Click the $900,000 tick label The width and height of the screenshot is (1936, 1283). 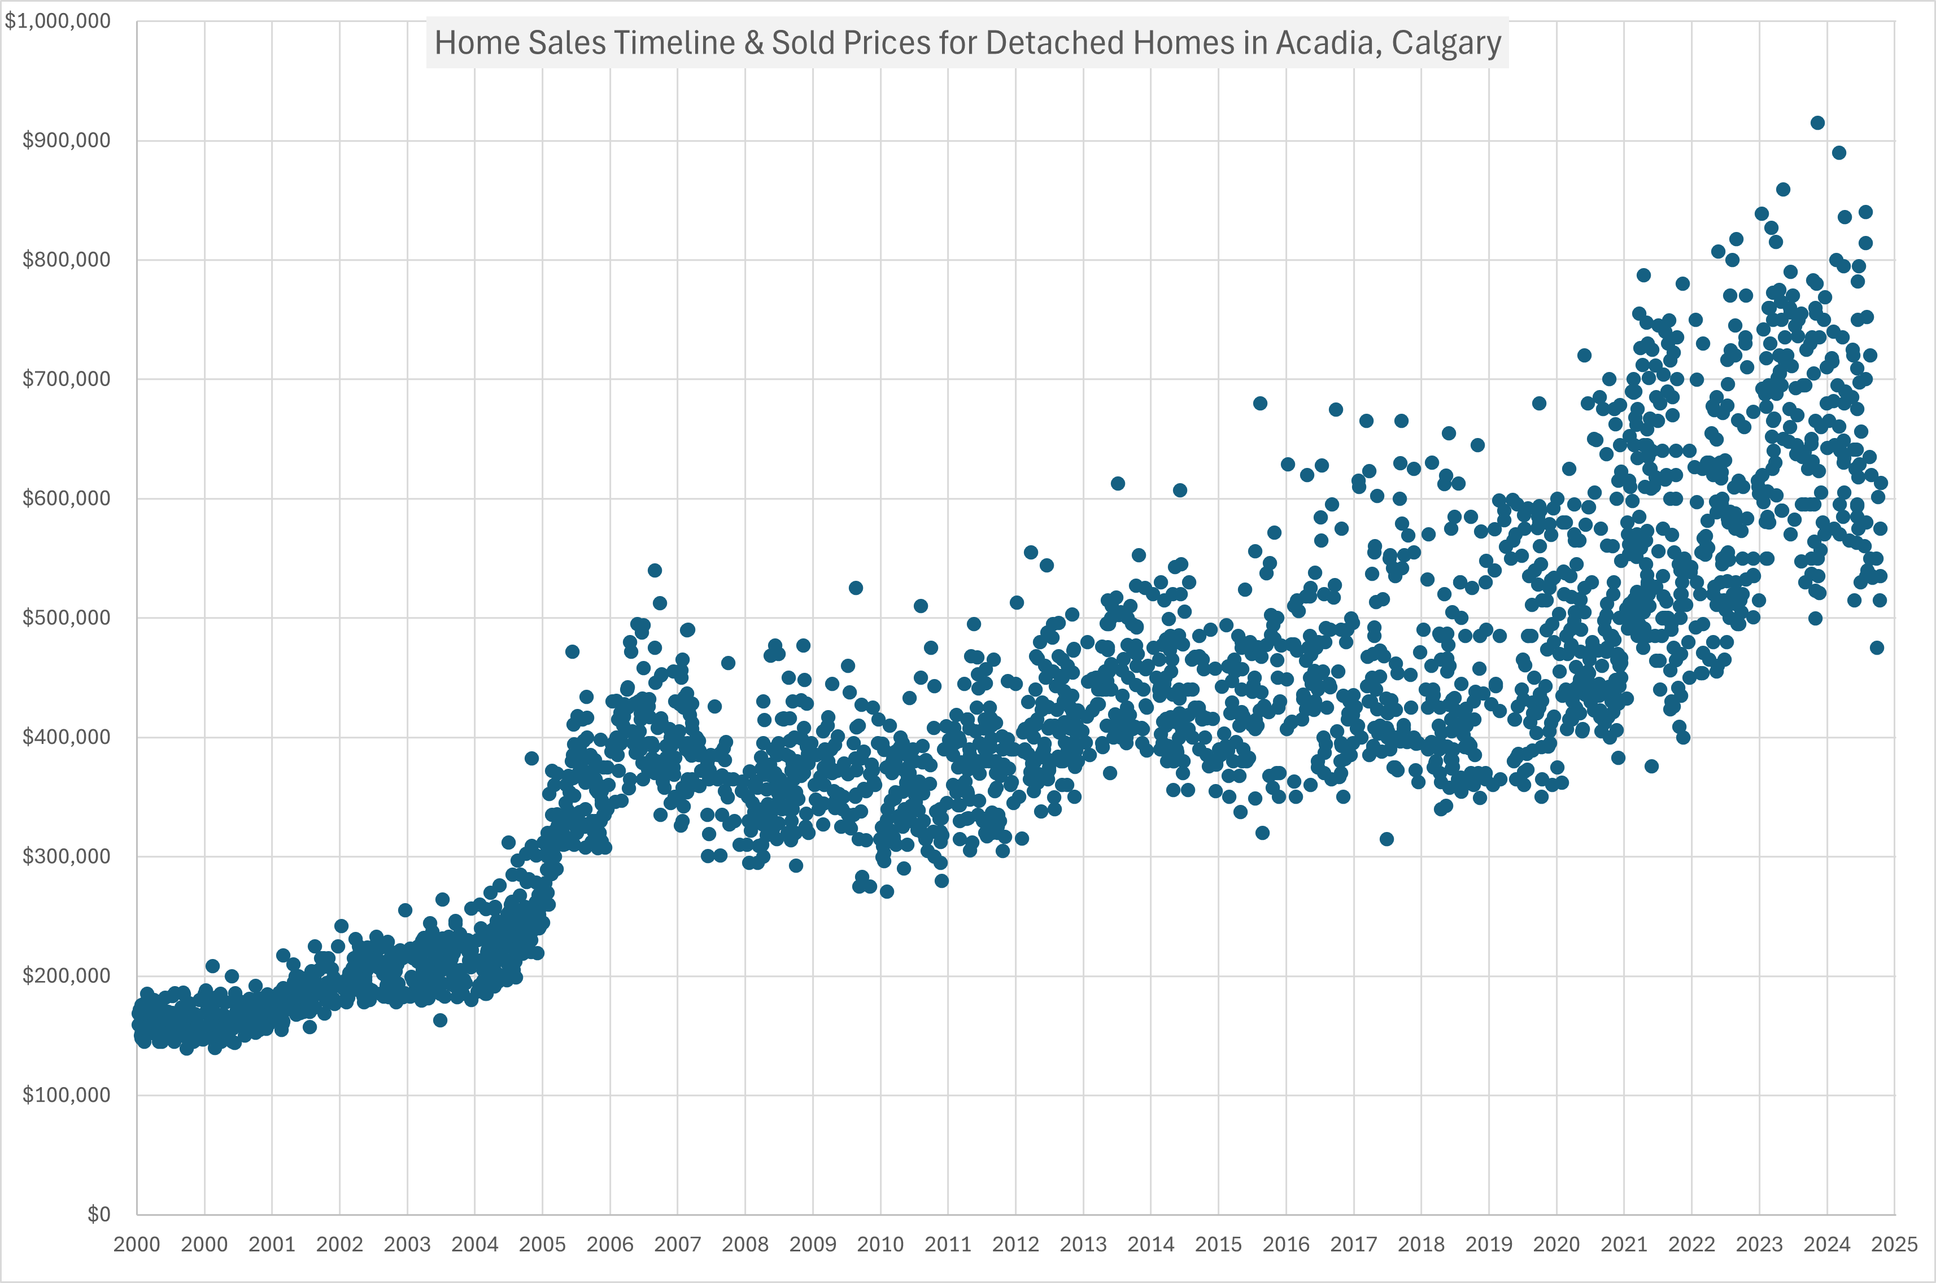(x=66, y=141)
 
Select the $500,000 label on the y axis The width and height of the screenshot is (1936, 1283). (x=66, y=618)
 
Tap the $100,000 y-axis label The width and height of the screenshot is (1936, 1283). (x=66, y=1096)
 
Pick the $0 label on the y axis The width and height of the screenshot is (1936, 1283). (x=99, y=1214)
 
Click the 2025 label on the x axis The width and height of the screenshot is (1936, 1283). (x=1894, y=1245)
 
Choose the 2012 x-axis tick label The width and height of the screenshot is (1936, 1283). (x=1015, y=1245)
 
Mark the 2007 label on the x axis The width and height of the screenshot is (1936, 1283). (x=677, y=1245)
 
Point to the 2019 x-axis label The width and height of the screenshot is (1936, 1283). (x=1488, y=1245)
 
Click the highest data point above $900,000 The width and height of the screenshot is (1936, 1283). (x=1817, y=122)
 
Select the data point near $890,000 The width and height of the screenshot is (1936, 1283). (x=1839, y=153)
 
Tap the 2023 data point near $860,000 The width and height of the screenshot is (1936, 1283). (x=1783, y=190)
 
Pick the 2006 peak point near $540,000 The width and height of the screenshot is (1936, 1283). (x=655, y=570)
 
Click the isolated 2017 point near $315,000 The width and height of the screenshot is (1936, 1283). (x=1386, y=839)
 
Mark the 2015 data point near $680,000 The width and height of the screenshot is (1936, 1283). (x=1261, y=404)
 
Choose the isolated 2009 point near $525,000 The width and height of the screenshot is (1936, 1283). (x=856, y=588)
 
